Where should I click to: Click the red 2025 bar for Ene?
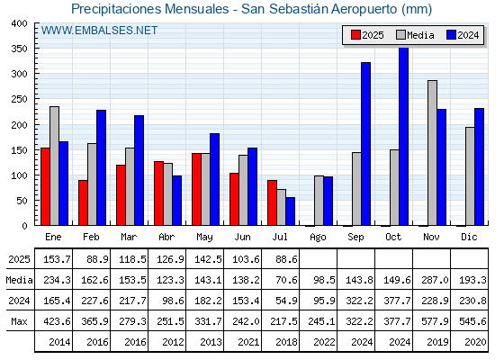45,186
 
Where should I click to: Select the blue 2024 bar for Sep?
365,144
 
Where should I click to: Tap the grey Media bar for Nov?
432,153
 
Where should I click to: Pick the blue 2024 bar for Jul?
290,211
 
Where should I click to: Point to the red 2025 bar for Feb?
83,202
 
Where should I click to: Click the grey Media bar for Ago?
319,201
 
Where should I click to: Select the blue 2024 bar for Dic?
479,166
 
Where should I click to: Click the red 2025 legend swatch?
355,35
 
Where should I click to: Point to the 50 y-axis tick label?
22,201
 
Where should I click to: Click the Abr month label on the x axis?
166,237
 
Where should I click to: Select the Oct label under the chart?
393,237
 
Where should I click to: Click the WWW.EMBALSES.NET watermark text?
99,31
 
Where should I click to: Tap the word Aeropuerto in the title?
364,9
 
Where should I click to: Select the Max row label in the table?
19,321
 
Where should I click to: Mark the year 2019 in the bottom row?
437,342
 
